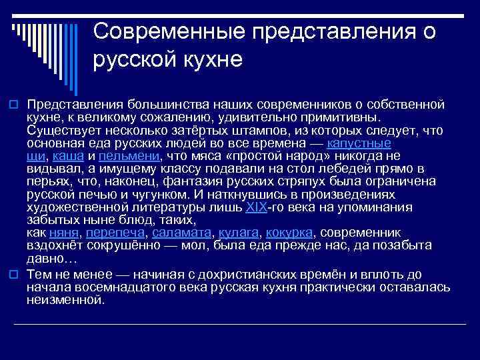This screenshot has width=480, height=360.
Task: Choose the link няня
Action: [x=64, y=233]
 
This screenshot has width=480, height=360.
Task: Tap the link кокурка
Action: [x=289, y=233]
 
